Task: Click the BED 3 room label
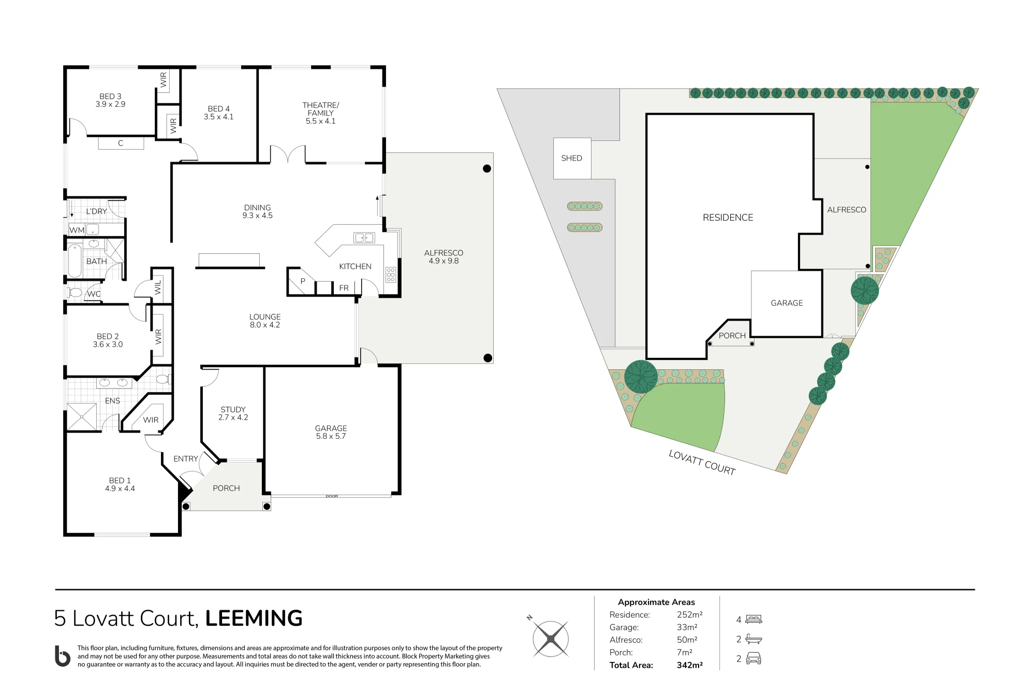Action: pyautogui.click(x=110, y=100)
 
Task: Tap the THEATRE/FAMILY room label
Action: pyautogui.click(x=321, y=113)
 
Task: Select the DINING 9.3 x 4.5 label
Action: pyautogui.click(x=257, y=211)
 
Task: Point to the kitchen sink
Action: pyautogui.click(x=364, y=238)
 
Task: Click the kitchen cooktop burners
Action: pyautogui.click(x=391, y=275)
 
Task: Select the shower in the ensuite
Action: pyautogui.click(x=82, y=417)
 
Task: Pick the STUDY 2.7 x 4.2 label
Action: pyautogui.click(x=233, y=413)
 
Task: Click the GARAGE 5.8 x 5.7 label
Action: pyautogui.click(x=331, y=432)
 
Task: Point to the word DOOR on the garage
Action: pyautogui.click(x=332, y=496)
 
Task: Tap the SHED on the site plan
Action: pyautogui.click(x=572, y=159)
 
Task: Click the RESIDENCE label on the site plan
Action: pyautogui.click(x=728, y=218)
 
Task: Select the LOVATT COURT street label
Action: pyautogui.click(x=702, y=462)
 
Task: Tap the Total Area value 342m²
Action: pyautogui.click(x=689, y=665)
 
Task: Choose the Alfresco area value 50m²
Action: pyautogui.click(x=687, y=640)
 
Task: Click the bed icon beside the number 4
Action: pyautogui.click(x=753, y=619)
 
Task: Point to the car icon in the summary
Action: pyautogui.click(x=753, y=658)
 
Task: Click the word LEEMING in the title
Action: pyautogui.click(x=254, y=618)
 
